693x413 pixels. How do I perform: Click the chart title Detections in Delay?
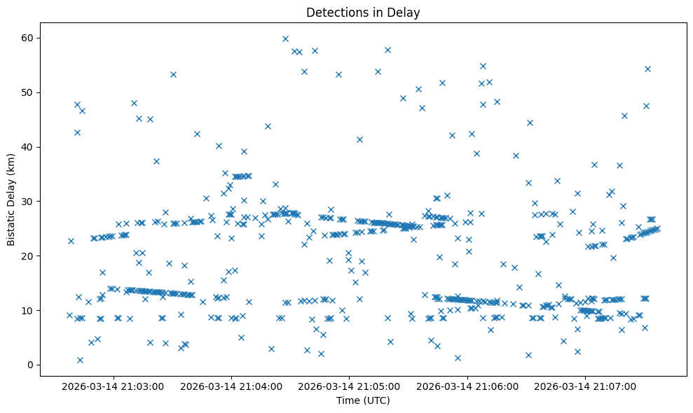pyautogui.click(x=363, y=12)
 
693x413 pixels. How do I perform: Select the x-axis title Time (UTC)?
pyautogui.click(x=363, y=400)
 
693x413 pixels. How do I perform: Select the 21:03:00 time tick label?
pyautogui.click(x=112, y=386)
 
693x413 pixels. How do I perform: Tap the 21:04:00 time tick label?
pyautogui.click(x=231, y=386)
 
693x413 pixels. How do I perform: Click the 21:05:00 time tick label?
pyautogui.click(x=349, y=386)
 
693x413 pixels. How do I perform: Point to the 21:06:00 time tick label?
pyautogui.click(x=467, y=386)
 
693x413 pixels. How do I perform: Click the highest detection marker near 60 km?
pyautogui.click(x=285, y=38)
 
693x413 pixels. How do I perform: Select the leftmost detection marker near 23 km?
pyautogui.click(x=71, y=241)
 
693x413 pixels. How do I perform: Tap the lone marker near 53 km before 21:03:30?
pyautogui.click(x=173, y=74)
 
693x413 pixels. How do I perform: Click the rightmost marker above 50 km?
pyautogui.click(x=647, y=69)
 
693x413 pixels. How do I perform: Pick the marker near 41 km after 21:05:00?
pyautogui.click(x=359, y=139)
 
